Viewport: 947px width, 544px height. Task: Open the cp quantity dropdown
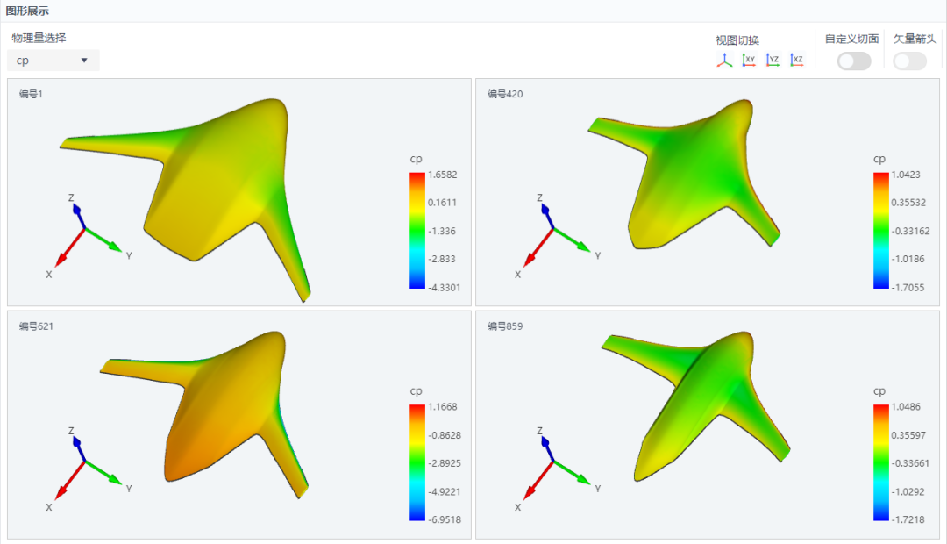[53, 61]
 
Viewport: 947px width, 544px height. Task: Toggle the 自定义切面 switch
[854, 61]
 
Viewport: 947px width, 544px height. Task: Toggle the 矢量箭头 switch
[909, 61]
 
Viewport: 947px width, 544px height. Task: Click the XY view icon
[749, 60]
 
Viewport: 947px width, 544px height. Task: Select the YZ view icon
[773, 60]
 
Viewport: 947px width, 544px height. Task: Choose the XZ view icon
[797, 60]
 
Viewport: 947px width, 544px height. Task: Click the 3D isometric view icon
[725, 60]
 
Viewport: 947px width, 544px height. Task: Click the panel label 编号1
[31, 94]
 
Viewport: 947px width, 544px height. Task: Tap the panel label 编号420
[505, 94]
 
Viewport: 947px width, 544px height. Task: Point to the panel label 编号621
[36, 326]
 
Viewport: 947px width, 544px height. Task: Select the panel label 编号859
[505, 326]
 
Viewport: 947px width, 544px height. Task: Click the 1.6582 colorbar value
[443, 175]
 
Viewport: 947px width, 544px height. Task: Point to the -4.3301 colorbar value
[444, 288]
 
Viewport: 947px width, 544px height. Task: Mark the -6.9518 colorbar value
[445, 519]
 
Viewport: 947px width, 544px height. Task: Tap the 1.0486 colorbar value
[906, 407]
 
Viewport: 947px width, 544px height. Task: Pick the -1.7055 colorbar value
[908, 288]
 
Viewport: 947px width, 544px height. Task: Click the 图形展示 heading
[27, 11]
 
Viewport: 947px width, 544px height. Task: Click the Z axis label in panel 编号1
[71, 197]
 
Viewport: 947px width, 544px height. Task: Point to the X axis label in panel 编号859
[517, 508]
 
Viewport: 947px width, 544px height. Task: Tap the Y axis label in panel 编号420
[598, 255]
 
